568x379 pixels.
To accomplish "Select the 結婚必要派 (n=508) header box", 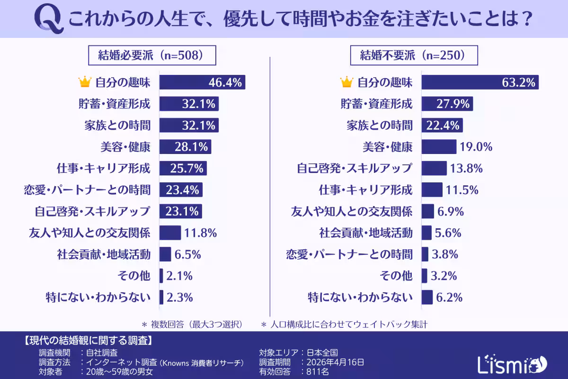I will [152, 55].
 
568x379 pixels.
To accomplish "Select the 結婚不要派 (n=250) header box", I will [414, 55].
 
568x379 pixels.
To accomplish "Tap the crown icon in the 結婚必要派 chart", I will [85, 82].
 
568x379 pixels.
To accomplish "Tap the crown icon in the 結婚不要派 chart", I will [347, 82].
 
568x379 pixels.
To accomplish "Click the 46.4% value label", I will [225, 82].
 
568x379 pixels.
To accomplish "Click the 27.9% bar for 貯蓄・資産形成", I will [447, 104].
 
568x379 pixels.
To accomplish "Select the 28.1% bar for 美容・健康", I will [185, 147].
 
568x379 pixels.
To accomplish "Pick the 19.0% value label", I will [476, 147].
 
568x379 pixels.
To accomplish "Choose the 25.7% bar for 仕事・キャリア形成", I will [183, 168].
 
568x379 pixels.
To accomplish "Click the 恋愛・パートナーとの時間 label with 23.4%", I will [87, 190].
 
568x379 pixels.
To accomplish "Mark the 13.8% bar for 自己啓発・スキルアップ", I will [434, 168].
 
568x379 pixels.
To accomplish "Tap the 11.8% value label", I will [201, 233].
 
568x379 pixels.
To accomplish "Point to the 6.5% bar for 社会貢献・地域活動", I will [165, 254].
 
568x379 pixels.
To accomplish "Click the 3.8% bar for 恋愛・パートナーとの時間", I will [425, 254].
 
